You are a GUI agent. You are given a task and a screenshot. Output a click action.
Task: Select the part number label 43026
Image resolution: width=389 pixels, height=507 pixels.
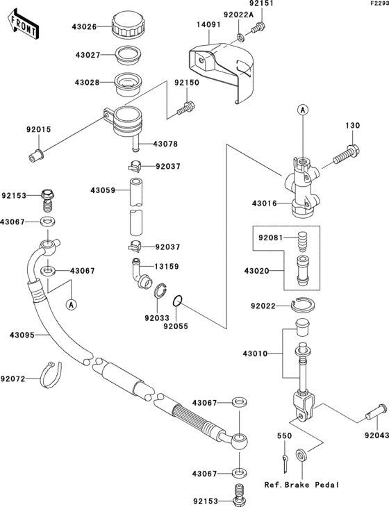click(x=83, y=28)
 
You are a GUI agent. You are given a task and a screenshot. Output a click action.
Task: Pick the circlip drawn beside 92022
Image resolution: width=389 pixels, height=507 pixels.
click(x=304, y=304)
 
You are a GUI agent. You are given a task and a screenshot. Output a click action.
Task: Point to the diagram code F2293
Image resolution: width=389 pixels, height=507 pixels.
click(x=377, y=4)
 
